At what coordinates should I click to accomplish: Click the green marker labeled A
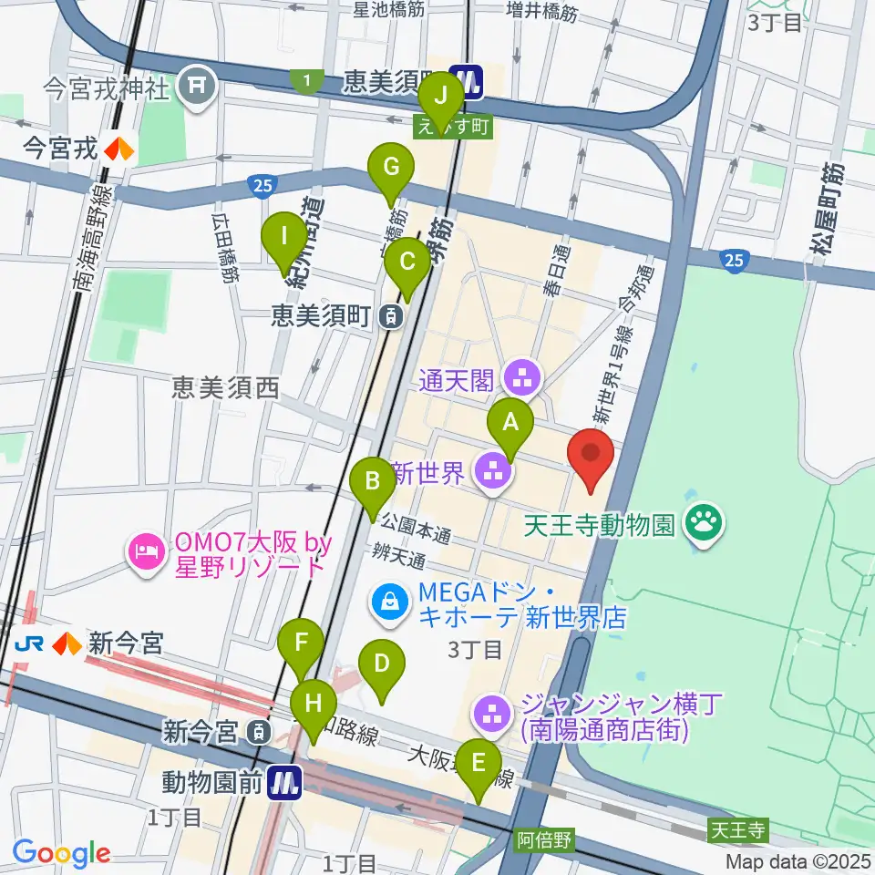[x=510, y=423]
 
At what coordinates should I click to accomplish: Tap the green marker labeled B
[x=373, y=480]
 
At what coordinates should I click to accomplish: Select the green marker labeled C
[x=407, y=262]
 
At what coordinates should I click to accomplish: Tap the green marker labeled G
[x=391, y=168]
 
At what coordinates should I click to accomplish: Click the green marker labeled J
[x=443, y=95]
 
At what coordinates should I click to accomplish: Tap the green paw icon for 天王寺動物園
[x=705, y=523]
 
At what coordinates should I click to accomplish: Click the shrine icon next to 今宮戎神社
[x=195, y=87]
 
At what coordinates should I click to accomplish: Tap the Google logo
[x=61, y=852]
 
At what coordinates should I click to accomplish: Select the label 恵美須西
[x=225, y=389]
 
